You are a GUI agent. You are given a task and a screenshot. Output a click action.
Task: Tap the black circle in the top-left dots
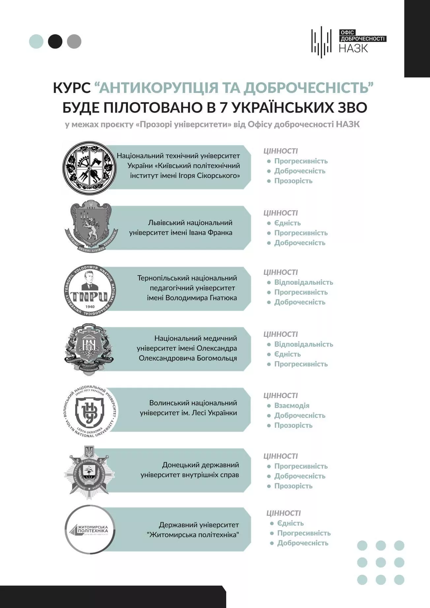point(55,42)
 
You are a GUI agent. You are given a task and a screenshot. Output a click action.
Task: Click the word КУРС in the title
point(72,88)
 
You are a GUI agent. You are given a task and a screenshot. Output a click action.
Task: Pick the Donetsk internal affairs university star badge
point(89,472)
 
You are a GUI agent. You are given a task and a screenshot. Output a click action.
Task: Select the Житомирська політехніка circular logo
point(90,529)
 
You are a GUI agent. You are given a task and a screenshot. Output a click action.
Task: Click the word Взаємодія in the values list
point(292,406)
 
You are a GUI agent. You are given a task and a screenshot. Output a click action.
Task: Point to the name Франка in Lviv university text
point(221,233)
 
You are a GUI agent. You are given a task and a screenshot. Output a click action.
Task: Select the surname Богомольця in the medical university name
point(217,358)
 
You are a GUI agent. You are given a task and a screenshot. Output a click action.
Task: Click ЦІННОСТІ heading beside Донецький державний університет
point(281,456)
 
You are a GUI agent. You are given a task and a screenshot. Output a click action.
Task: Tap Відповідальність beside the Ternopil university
point(304,282)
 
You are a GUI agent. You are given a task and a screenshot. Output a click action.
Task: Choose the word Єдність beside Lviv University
point(288,223)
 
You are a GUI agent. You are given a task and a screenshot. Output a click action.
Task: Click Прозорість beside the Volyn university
point(293,425)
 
